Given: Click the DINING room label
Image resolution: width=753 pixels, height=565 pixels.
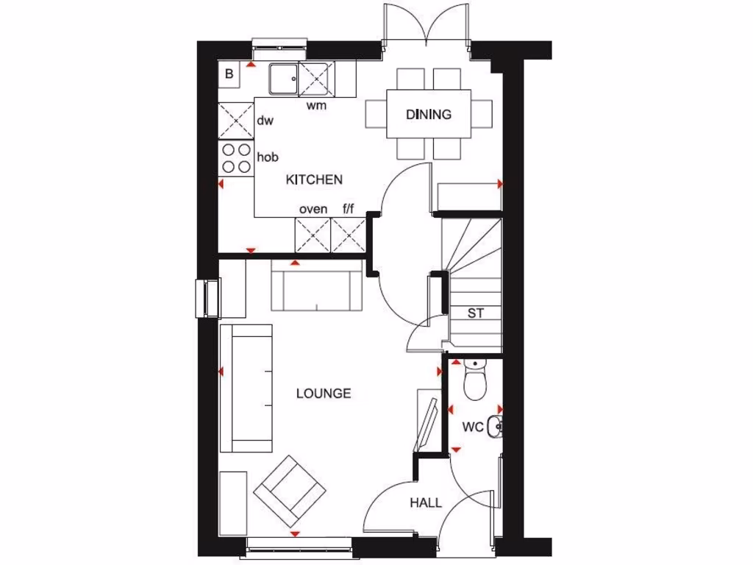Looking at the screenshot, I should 428,114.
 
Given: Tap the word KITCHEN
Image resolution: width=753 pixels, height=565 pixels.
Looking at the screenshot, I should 314,180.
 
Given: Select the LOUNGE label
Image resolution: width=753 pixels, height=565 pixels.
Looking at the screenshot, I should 324,394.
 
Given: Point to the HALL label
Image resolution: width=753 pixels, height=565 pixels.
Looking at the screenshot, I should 426,503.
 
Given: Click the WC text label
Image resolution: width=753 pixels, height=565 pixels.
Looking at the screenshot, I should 472,427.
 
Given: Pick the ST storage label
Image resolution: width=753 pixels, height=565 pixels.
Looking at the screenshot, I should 476,313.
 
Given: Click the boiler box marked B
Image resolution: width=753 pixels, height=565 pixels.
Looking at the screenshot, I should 229,74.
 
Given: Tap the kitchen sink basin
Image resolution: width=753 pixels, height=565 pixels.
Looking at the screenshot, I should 282,78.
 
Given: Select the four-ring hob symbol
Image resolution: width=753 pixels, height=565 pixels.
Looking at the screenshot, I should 236,157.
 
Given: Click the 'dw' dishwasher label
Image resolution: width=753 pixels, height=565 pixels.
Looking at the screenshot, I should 265,121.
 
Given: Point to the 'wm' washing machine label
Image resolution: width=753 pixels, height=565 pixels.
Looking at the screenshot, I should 316,105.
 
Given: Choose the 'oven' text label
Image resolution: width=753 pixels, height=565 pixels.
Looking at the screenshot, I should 313,209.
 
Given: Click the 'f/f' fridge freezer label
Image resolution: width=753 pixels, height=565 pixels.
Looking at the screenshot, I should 349,209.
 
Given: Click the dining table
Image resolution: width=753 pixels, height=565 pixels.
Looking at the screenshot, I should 429,114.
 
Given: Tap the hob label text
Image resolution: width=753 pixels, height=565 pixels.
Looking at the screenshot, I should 267,157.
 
